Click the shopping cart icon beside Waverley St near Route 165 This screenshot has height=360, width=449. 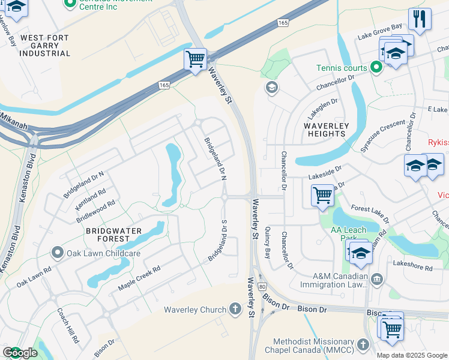[195, 59]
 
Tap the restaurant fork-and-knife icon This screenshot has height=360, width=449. [420, 19]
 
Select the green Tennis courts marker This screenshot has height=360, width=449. [376, 68]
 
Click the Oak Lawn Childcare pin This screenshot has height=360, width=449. [58, 253]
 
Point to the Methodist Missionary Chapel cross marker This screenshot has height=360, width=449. [362, 344]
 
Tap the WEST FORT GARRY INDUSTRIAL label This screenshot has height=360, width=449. [45, 46]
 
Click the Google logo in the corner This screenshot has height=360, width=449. [19, 353]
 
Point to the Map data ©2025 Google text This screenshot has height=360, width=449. [411, 355]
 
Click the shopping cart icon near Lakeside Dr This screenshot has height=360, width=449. [323, 195]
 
